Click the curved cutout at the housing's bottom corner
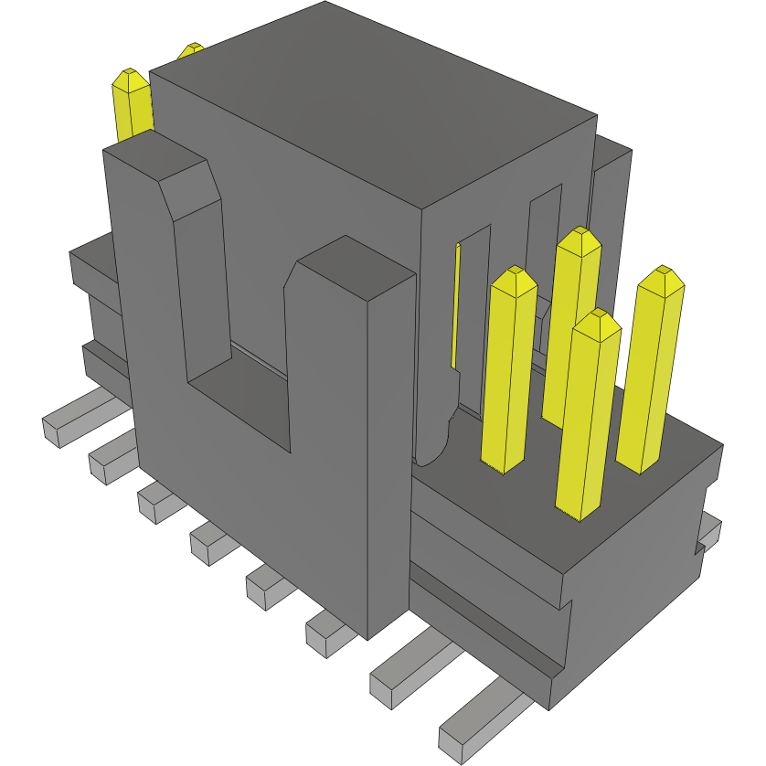(433, 439)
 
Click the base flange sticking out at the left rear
(91, 265)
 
